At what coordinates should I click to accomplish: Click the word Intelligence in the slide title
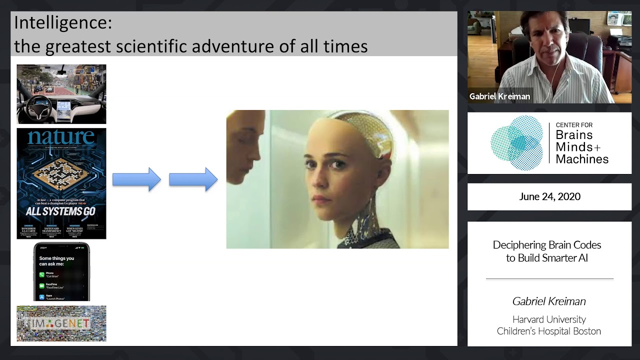[x=62, y=23]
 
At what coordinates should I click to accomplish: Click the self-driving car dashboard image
[x=61, y=94]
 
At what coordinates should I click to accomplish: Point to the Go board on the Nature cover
[x=61, y=172]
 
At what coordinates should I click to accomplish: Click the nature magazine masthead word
[x=61, y=137]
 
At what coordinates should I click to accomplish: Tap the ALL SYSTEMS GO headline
[x=61, y=211]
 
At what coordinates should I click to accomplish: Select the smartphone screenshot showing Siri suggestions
[x=61, y=272]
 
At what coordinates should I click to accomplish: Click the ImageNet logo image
[x=61, y=323]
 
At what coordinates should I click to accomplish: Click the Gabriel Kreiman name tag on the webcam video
[x=499, y=96]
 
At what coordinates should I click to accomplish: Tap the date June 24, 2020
[x=549, y=196]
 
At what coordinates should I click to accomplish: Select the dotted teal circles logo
[x=516, y=143]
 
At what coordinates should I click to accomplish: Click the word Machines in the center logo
[x=582, y=159]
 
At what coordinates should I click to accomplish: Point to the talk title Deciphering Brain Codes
[x=547, y=245]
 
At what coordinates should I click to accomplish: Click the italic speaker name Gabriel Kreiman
[x=549, y=301]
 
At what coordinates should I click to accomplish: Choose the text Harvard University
[x=549, y=319]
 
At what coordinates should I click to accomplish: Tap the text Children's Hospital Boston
[x=549, y=331]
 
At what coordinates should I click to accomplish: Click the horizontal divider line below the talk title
[x=549, y=278]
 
